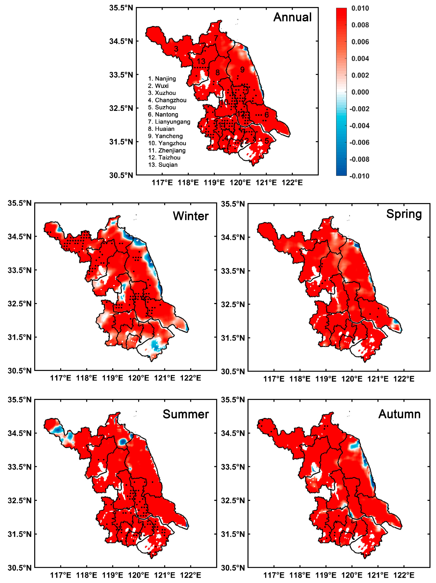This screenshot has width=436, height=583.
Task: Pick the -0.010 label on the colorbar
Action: click(x=359, y=176)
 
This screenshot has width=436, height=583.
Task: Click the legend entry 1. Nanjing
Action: click(x=162, y=79)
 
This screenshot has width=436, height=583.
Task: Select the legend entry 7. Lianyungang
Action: click(x=169, y=122)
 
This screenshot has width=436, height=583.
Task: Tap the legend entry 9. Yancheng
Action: click(x=165, y=136)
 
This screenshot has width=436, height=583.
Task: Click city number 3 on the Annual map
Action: click(x=176, y=49)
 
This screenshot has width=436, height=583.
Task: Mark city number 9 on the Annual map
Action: click(x=242, y=70)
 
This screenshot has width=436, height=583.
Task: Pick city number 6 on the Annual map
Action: click(x=267, y=115)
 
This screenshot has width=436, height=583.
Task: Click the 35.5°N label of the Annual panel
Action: click(x=121, y=8)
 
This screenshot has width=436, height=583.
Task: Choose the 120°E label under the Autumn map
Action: click(x=352, y=575)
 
